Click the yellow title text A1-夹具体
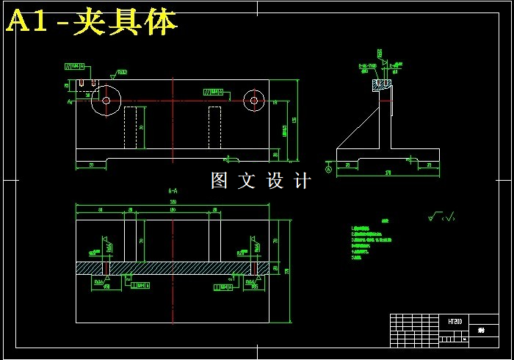(x=92, y=22)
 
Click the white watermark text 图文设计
(x=261, y=181)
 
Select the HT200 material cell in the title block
(x=455, y=322)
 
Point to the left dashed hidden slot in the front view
(x=131, y=127)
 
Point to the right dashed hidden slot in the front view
(x=214, y=127)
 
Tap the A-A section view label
(x=173, y=190)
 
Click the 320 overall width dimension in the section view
(x=173, y=201)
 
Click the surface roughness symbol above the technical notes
(x=441, y=217)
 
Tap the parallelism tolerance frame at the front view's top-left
(x=76, y=67)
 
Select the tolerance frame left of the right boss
(x=214, y=93)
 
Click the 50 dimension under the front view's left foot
(x=92, y=165)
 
